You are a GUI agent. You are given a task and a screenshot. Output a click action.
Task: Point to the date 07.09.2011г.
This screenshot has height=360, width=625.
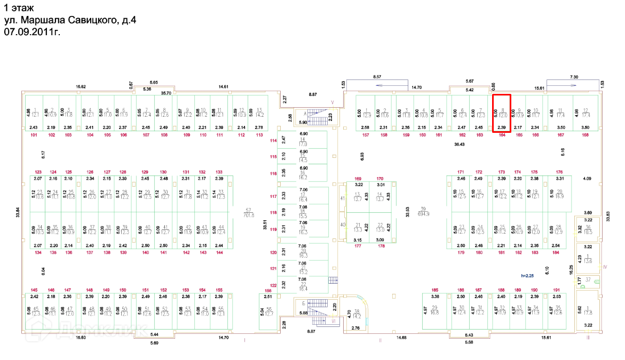[x=31, y=32]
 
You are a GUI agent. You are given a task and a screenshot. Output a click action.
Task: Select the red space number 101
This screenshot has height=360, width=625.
[x=35, y=135]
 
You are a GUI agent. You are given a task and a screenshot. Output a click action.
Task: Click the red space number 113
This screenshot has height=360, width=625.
[x=259, y=135]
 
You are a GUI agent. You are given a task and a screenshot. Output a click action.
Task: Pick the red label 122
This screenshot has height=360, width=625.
[x=274, y=286]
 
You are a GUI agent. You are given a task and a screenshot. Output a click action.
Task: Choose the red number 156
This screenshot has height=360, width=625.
[x=267, y=291]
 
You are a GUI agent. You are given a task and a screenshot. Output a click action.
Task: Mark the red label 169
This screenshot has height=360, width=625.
[x=358, y=179]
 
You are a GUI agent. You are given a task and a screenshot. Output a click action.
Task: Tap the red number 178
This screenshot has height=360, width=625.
[x=381, y=246]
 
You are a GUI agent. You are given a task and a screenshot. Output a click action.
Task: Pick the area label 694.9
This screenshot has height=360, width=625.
[x=424, y=212]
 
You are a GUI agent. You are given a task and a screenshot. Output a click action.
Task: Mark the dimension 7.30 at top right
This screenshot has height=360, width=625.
[x=575, y=77]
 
